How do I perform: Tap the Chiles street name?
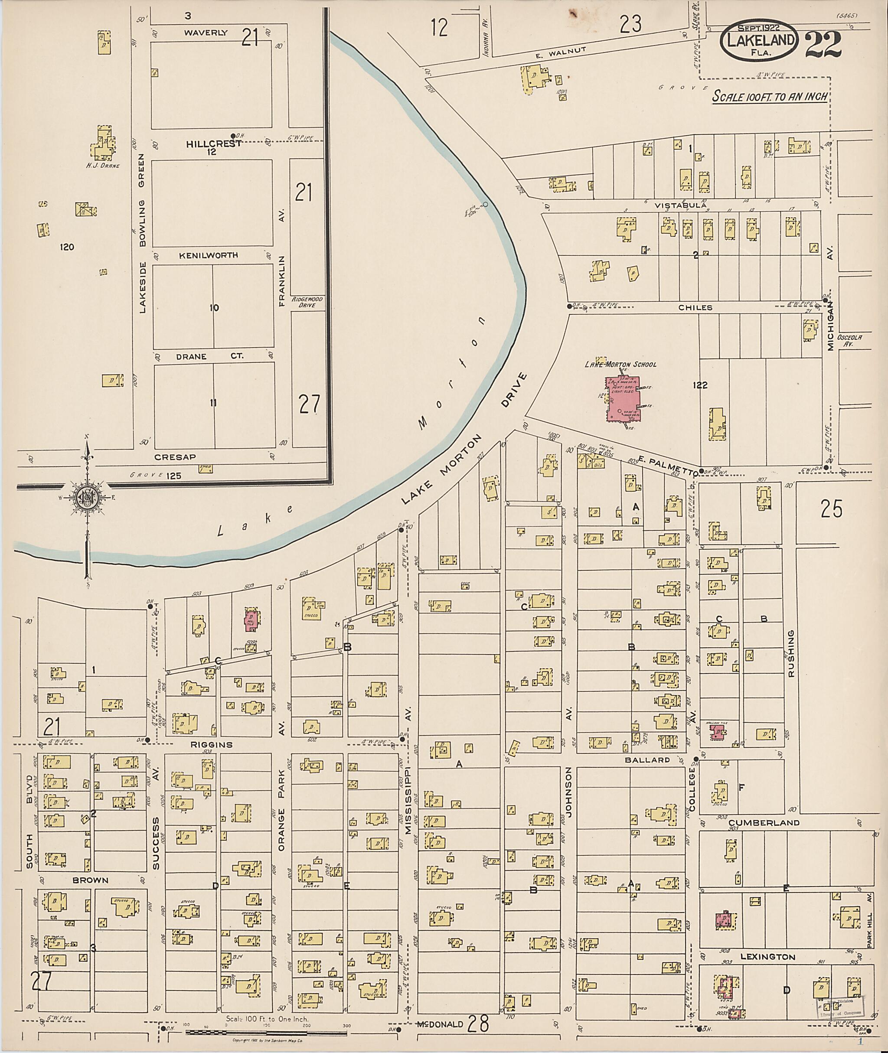click(695, 307)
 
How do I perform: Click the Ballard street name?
click(647, 760)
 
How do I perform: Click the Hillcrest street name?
click(213, 143)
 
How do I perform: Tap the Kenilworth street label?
click(209, 255)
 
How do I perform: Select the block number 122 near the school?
click(700, 385)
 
